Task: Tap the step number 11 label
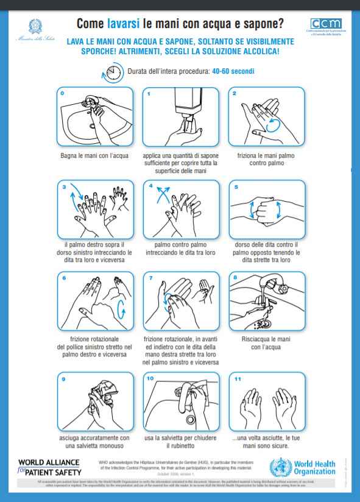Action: [238, 378]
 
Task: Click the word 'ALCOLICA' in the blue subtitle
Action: [259, 51]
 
